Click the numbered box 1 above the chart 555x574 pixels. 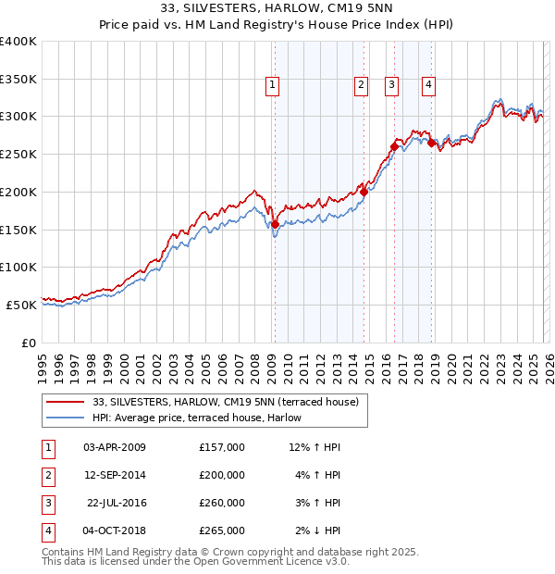273,85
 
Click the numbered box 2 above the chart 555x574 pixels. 360,85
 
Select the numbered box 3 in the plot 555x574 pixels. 391,85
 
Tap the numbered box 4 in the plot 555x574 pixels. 429,85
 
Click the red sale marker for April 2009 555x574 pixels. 275,224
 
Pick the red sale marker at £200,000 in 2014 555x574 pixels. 364,192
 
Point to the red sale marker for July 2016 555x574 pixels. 394,146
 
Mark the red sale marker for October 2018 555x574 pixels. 431,143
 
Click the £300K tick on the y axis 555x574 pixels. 18,117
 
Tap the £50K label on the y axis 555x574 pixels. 21,305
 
